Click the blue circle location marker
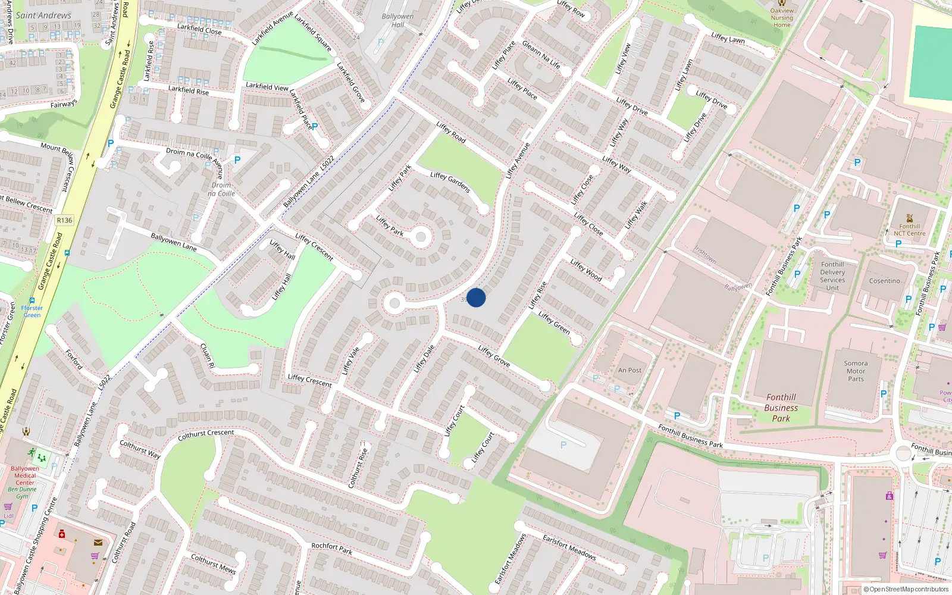point(476,297)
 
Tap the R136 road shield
point(64,220)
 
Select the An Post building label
point(630,370)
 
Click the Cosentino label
point(884,281)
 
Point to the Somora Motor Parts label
point(856,371)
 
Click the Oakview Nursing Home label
point(782,18)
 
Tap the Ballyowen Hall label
point(397,21)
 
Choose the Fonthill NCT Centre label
point(909,230)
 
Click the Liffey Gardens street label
point(450,182)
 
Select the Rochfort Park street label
point(332,548)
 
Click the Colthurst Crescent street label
point(206,435)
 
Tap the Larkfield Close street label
point(199,29)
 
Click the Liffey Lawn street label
point(728,38)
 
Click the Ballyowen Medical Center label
point(25,475)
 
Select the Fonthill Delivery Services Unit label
point(832,276)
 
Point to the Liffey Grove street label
point(494,356)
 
